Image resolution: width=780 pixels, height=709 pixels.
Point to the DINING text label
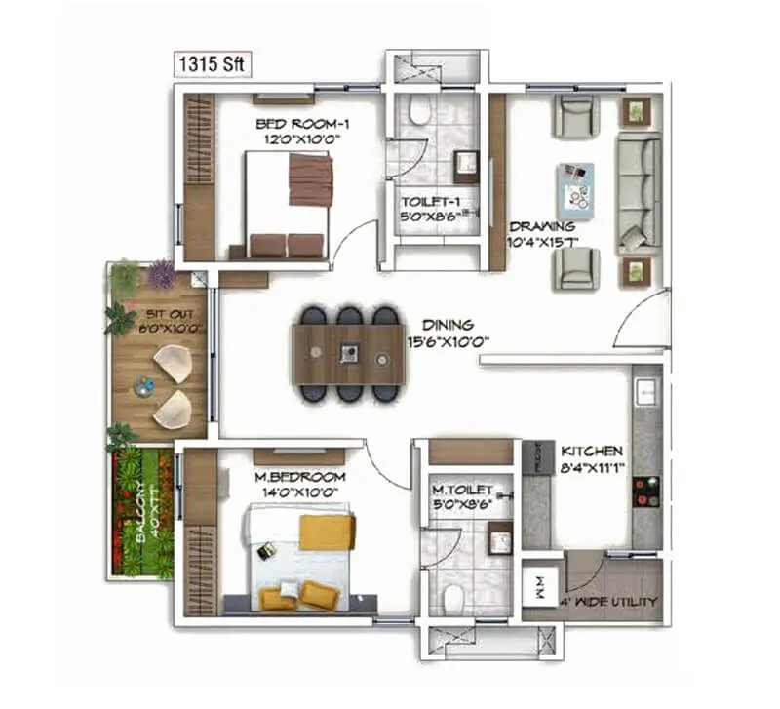pyautogui.click(x=448, y=325)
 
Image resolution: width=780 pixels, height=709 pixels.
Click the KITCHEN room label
pyautogui.click(x=591, y=452)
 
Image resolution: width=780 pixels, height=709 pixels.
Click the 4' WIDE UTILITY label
pyautogui.click(x=609, y=601)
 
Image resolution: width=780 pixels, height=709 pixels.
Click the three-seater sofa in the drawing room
pyautogui.click(x=638, y=191)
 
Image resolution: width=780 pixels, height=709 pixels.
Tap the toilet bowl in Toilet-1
pyautogui.click(x=420, y=112)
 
